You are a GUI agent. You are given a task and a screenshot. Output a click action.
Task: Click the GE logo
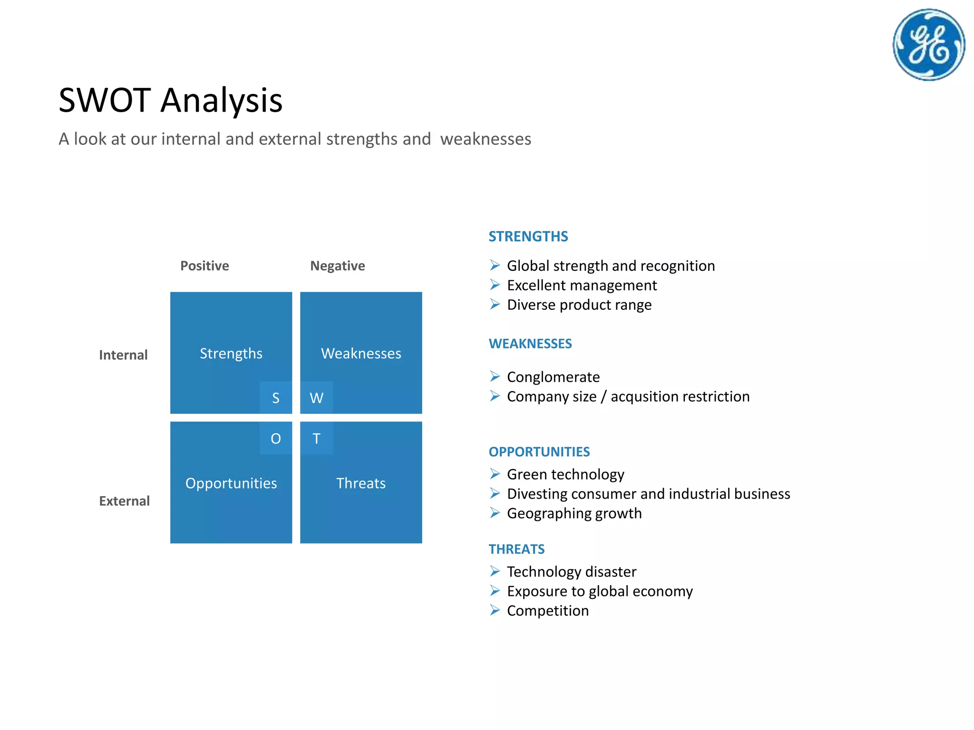click(x=928, y=45)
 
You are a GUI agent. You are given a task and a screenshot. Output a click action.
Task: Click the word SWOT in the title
click(x=105, y=100)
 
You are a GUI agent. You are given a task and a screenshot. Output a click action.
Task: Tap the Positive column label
click(x=205, y=266)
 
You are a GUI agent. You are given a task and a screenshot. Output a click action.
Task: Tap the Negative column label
click(x=338, y=266)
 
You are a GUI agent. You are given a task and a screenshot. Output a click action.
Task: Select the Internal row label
click(x=123, y=355)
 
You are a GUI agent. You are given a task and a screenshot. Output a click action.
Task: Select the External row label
click(x=124, y=501)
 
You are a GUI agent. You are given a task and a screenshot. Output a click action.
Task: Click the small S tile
click(x=276, y=398)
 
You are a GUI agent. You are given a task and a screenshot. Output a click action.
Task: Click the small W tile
click(x=316, y=398)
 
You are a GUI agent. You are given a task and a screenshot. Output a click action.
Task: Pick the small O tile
click(x=276, y=438)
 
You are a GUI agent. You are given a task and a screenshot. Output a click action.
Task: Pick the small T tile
click(x=316, y=438)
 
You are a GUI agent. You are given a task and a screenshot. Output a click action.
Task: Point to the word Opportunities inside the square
click(x=231, y=483)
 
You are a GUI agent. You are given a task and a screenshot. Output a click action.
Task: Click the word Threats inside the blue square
click(x=361, y=483)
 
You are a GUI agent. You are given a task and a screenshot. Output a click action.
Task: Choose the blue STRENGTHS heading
click(x=528, y=236)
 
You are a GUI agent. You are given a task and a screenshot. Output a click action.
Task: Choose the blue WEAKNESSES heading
click(x=530, y=344)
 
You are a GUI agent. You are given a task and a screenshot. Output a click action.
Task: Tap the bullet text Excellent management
click(x=582, y=285)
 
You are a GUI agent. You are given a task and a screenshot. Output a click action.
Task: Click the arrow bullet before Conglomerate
click(x=495, y=376)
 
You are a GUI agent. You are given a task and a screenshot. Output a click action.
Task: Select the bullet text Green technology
click(x=565, y=474)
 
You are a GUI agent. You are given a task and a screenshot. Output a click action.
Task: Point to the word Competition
click(x=548, y=611)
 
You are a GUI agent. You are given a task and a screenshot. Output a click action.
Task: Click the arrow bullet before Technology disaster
click(x=495, y=571)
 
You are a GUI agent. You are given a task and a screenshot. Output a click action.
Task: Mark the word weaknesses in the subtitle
click(x=486, y=139)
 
